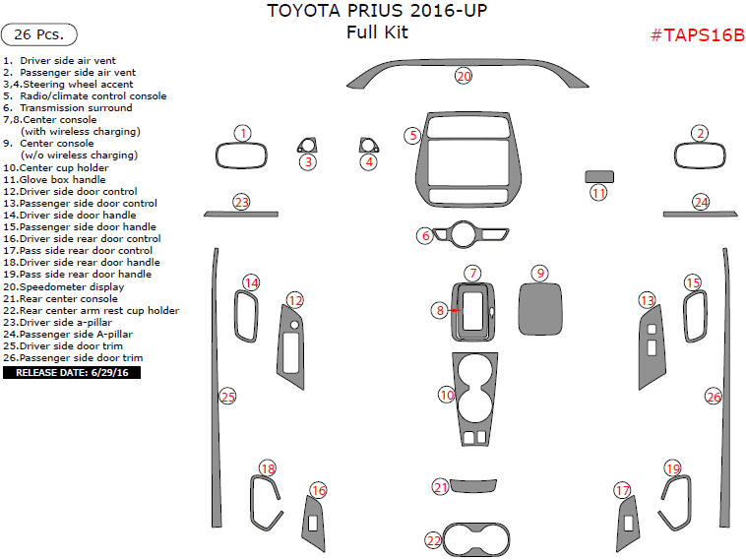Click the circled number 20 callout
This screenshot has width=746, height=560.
point(464,76)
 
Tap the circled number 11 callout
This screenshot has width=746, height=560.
point(599,194)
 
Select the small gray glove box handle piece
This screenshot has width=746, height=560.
point(599,176)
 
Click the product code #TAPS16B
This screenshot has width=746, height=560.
point(698,35)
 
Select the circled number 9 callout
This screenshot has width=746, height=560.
point(539,273)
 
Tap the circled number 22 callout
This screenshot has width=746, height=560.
point(434,540)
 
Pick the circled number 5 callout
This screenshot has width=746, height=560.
point(413,135)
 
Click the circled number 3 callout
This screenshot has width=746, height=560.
point(307,161)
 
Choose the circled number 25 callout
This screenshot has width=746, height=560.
point(227,397)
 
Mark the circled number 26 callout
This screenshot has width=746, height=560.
point(714,397)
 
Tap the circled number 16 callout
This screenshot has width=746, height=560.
point(318,491)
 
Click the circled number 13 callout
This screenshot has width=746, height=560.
point(647,300)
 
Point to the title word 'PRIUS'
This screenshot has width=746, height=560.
point(378,12)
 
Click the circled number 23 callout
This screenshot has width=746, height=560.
point(242,202)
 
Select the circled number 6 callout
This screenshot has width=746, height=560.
point(425,235)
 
